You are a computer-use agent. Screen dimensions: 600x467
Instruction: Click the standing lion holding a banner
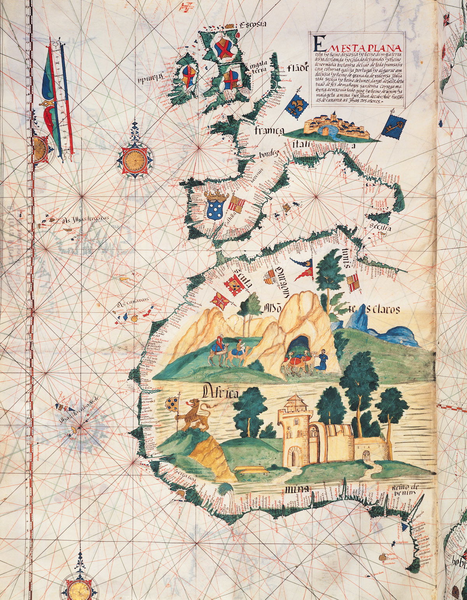pyautogui.click(x=195, y=416)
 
